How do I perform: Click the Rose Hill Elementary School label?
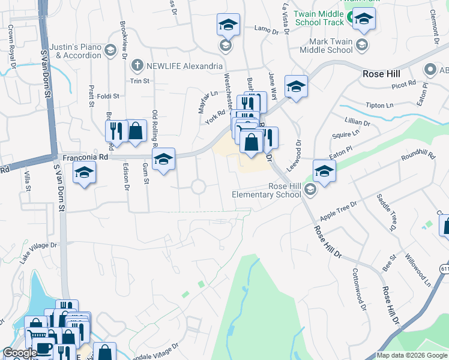click(x=268, y=190)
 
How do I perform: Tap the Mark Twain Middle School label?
click(x=331, y=46)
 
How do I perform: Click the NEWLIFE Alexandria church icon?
click(x=137, y=65)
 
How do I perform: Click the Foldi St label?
click(x=108, y=95)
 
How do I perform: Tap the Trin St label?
click(x=139, y=80)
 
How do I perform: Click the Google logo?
click(x=20, y=353)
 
